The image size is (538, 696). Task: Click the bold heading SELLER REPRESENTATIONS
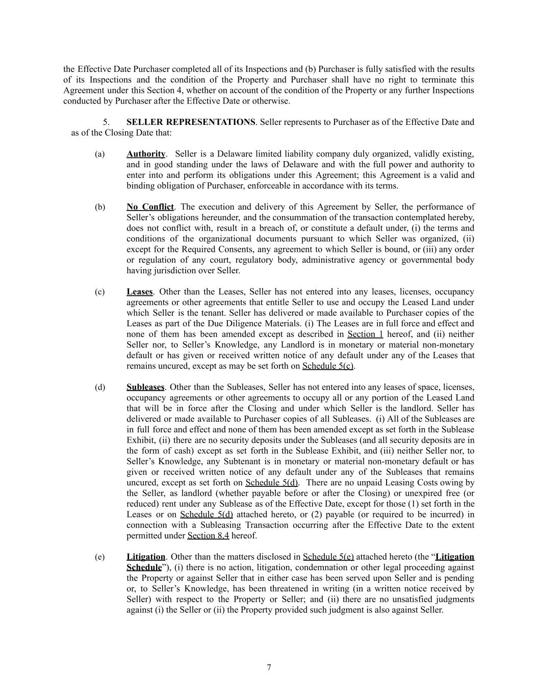click(x=191, y=122)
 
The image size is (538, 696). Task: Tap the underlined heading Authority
click(x=146, y=154)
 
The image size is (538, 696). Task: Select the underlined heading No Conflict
click(x=150, y=207)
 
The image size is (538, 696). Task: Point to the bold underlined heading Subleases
click(x=145, y=388)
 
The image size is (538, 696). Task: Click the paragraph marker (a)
click(x=99, y=154)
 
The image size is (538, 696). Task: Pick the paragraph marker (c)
click(x=99, y=292)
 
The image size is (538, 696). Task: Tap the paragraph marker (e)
click(x=99, y=557)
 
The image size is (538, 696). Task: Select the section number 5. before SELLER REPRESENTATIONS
click(x=106, y=122)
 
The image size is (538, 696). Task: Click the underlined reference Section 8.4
click(x=208, y=536)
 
